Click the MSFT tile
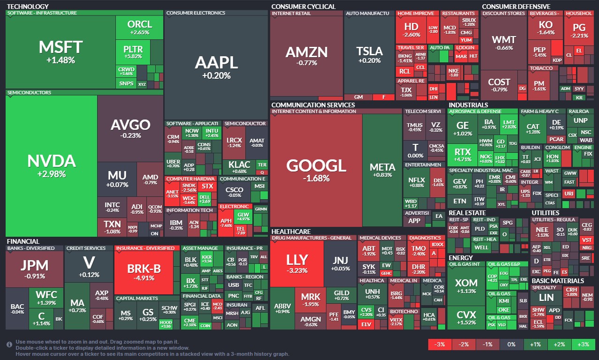point(61,52)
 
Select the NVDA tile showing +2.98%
point(51,165)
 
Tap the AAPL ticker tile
point(216,67)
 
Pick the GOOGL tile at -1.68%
point(316,170)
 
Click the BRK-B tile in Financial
point(144,272)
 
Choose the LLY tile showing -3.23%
point(297,263)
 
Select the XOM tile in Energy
point(466,286)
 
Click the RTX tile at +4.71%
point(462,155)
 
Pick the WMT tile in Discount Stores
point(503,43)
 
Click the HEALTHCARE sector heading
point(291,232)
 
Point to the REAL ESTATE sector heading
point(468,213)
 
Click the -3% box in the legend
point(440,345)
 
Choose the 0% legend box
point(512,345)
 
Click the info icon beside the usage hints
point(9,345)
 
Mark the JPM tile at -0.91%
point(34,269)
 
